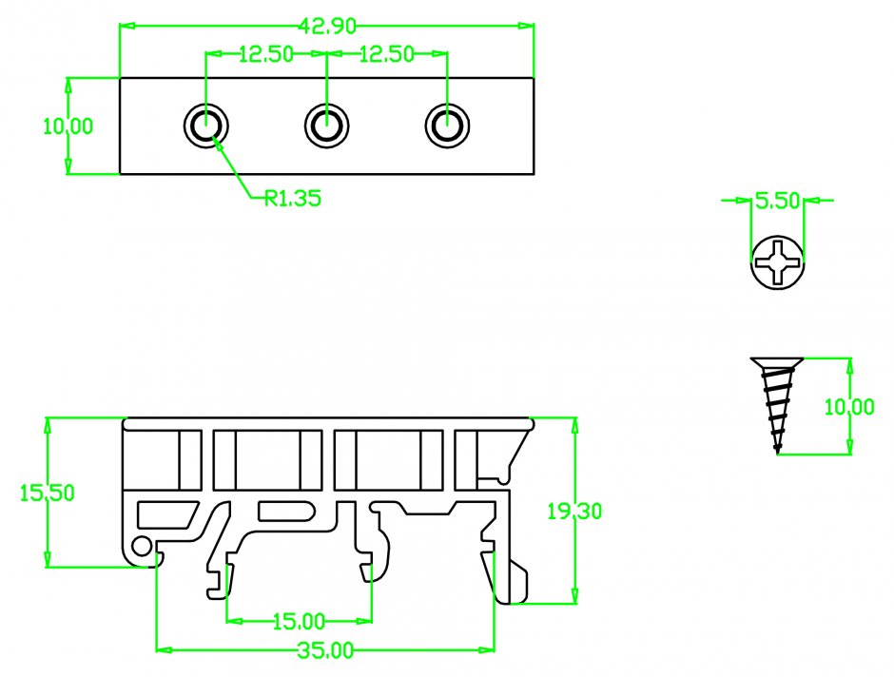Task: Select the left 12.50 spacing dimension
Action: click(x=265, y=55)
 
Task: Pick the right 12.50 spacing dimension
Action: click(x=386, y=55)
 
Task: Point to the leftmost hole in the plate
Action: click(x=206, y=126)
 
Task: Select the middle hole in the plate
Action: click(x=326, y=126)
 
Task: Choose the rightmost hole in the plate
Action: click(x=446, y=126)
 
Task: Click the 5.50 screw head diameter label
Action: click(x=778, y=201)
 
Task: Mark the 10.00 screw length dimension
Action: click(x=848, y=407)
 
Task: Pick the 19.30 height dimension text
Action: click(x=573, y=512)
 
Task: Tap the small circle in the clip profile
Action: click(x=143, y=545)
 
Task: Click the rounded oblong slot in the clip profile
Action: click(x=286, y=511)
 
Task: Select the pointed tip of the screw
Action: click(x=777, y=451)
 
